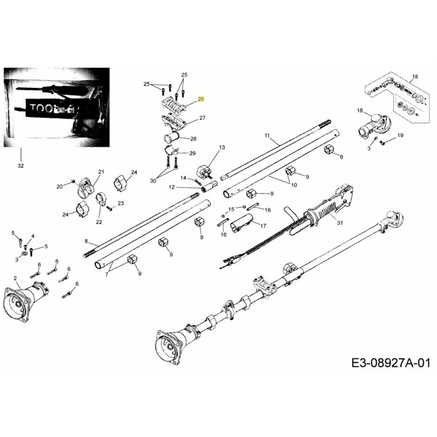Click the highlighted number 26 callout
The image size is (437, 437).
click(x=200, y=99)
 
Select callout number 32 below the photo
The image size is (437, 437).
click(x=21, y=165)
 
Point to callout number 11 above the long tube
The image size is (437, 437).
click(x=267, y=135)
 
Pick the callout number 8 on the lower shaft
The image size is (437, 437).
click(x=86, y=241)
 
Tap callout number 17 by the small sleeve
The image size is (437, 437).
click(x=263, y=226)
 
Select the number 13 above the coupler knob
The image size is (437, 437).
click(x=222, y=147)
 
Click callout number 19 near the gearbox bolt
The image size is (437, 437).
click(x=400, y=135)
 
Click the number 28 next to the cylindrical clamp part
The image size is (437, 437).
click(x=193, y=139)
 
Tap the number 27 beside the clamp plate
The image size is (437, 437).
click(x=202, y=118)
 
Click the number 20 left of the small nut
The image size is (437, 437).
click(x=60, y=187)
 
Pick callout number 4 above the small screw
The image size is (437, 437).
click(x=33, y=236)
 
